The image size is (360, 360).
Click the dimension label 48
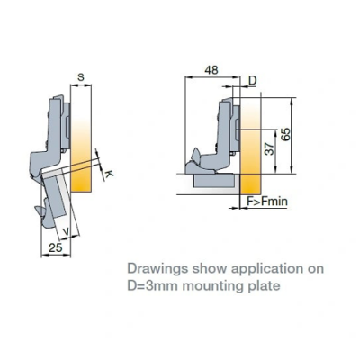[211, 70]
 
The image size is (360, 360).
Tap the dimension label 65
[286, 134]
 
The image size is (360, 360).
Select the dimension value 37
[270, 148]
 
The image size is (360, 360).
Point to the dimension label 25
[56, 247]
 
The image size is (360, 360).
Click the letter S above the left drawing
[81, 77]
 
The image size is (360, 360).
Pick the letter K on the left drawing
[110, 174]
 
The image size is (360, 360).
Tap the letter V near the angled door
[67, 231]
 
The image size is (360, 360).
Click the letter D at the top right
[253, 80]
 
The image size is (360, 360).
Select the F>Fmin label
[267, 201]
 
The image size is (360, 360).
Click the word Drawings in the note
[157, 269]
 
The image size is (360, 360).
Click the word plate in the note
[265, 286]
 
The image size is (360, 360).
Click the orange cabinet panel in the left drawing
[81, 139]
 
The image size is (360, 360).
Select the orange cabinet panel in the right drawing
[251, 145]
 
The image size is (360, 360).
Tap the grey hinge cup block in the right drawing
[214, 181]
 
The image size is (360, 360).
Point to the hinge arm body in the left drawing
[55, 132]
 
